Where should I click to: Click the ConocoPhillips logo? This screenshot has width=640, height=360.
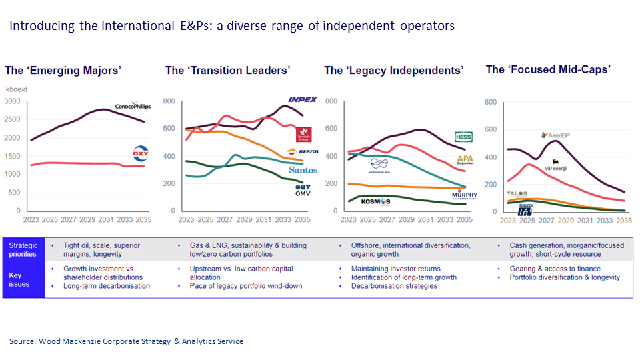(x=133, y=106)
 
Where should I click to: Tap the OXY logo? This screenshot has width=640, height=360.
(x=141, y=154)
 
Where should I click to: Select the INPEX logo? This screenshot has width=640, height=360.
(x=302, y=100)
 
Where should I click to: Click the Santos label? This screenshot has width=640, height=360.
(x=303, y=170)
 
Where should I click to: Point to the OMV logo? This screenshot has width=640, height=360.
(x=303, y=189)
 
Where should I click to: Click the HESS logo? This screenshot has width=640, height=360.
(x=463, y=137)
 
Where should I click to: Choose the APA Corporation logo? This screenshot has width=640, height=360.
(x=464, y=161)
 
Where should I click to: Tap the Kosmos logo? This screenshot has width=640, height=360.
(x=375, y=202)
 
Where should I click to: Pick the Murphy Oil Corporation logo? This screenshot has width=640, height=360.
(x=464, y=195)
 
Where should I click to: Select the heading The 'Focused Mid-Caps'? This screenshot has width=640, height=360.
(x=548, y=69)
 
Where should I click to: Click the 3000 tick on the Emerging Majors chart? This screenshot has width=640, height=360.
(x=13, y=101)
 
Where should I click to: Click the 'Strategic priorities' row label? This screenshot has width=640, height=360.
(x=23, y=249)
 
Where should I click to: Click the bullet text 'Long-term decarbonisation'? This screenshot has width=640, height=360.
(x=106, y=286)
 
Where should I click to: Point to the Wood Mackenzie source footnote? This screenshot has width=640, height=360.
(x=126, y=341)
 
